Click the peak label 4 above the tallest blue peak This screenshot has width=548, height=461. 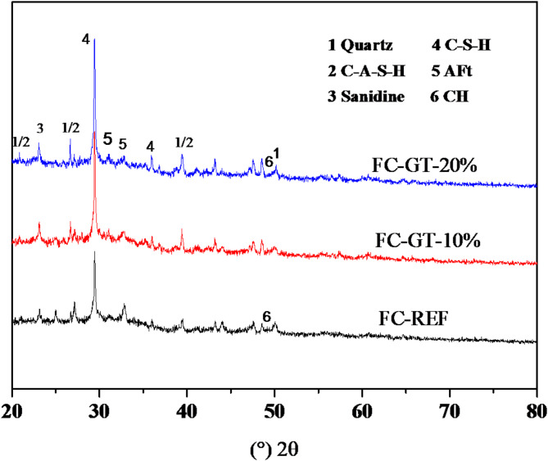pyautogui.click(x=86, y=38)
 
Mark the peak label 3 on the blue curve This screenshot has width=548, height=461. pyautogui.click(x=40, y=129)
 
